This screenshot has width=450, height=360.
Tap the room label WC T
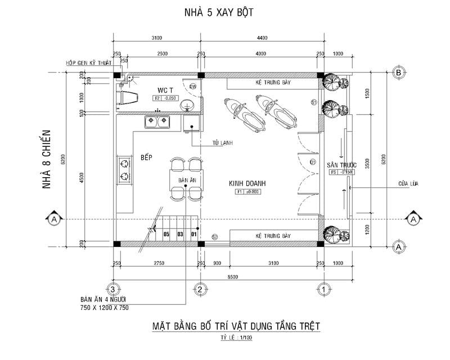[x=165, y=90]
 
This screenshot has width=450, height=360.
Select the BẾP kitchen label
[x=147, y=158]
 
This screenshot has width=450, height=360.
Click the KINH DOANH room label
[x=246, y=183]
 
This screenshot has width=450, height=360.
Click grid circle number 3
[x=113, y=289]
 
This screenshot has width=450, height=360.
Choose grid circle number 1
[x=324, y=289]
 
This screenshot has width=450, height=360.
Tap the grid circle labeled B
[x=398, y=73]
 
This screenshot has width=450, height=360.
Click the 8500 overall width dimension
[x=217, y=276]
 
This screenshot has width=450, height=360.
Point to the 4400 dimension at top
[x=262, y=38]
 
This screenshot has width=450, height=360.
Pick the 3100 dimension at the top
[x=156, y=38]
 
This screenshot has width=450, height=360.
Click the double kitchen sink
[x=157, y=121]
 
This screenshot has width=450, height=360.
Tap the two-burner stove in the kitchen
[x=123, y=170]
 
